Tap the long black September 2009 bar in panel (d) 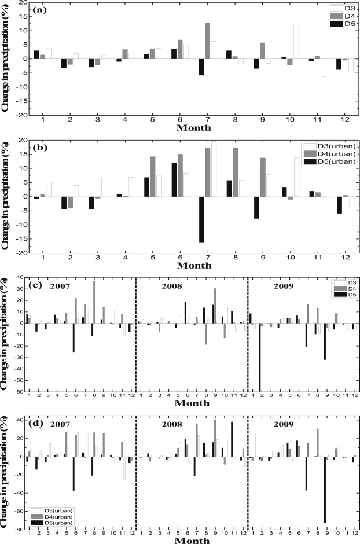click(325, 490)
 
